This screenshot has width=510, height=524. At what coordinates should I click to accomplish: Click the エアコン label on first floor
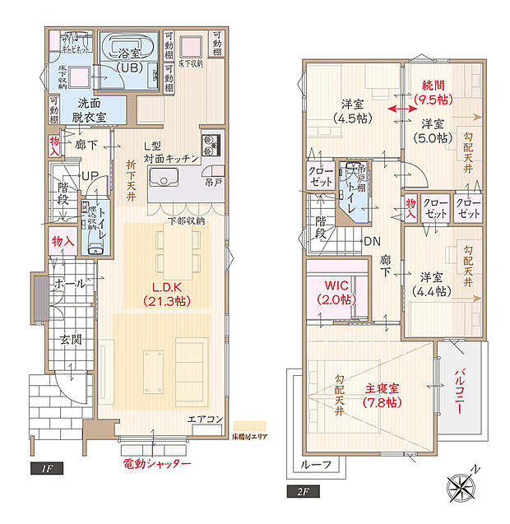pos(205,420)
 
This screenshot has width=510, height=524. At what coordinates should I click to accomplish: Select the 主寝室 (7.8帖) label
pos(382,395)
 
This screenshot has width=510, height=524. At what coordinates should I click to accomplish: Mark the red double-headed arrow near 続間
pos(402,109)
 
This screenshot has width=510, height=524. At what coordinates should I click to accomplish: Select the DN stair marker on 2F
pos(371,241)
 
